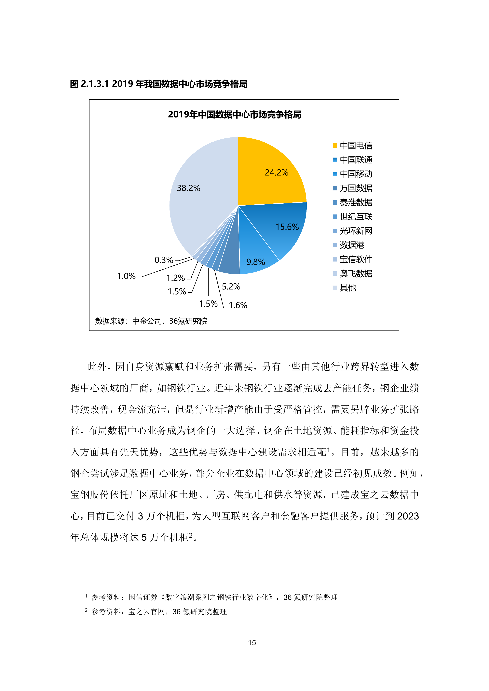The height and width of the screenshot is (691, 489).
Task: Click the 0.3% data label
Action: [164, 260]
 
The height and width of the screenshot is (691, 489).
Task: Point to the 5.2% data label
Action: [231, 287]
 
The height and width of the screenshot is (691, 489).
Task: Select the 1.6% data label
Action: [238, 305]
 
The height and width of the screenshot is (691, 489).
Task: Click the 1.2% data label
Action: [175, 278]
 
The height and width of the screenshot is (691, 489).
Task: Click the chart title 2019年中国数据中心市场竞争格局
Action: [234, 115]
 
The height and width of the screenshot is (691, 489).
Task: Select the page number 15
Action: [252, 643]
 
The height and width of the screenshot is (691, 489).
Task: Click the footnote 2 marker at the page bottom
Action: [86, 610]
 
